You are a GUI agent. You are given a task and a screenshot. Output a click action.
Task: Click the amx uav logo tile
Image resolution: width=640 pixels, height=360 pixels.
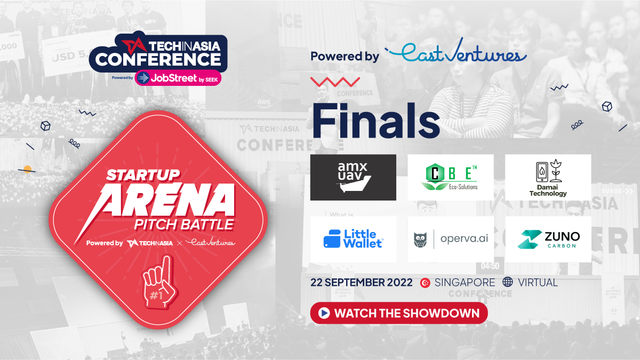pos(353,177)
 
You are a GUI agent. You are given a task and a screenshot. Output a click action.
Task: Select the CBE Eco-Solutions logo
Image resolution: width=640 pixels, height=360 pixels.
pos(451,177)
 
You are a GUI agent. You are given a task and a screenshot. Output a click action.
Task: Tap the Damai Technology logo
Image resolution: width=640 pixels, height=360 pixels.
pos(548,177)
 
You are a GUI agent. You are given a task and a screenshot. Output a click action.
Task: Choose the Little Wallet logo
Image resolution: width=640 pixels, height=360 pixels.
pos(353,239)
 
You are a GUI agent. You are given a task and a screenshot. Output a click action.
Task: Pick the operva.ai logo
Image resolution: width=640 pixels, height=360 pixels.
pos(451,239)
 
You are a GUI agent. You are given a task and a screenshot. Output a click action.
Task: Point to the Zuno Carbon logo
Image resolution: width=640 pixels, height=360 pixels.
pos(548,239)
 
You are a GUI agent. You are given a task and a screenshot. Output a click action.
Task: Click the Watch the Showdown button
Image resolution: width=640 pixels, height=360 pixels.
pos(399,313)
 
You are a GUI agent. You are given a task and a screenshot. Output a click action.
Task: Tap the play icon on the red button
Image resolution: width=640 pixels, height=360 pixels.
pos(324,313)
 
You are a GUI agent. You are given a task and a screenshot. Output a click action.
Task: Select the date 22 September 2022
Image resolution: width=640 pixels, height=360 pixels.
pos(362,282)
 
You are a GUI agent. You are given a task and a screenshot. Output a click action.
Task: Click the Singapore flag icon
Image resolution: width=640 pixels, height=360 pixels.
pos(425,283)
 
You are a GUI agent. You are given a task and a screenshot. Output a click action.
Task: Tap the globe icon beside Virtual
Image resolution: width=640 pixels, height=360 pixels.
pos(508,282)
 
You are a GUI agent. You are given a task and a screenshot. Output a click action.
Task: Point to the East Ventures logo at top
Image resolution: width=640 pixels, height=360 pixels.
pos(455,54)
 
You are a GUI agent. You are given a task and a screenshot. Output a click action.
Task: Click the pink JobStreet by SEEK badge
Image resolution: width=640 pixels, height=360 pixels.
pos(178,78)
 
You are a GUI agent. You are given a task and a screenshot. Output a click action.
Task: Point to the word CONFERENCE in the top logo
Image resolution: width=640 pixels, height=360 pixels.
pos(158,58)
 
